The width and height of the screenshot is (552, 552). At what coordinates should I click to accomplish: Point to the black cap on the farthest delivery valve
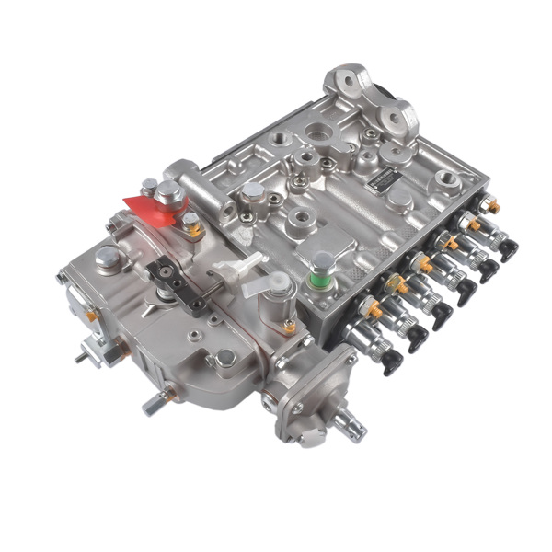click(x=508, y=249)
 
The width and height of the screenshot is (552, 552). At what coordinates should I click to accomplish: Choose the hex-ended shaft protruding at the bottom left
click(x=151, y=402)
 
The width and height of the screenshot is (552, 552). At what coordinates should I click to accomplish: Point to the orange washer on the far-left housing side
click(x=92, y=316)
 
